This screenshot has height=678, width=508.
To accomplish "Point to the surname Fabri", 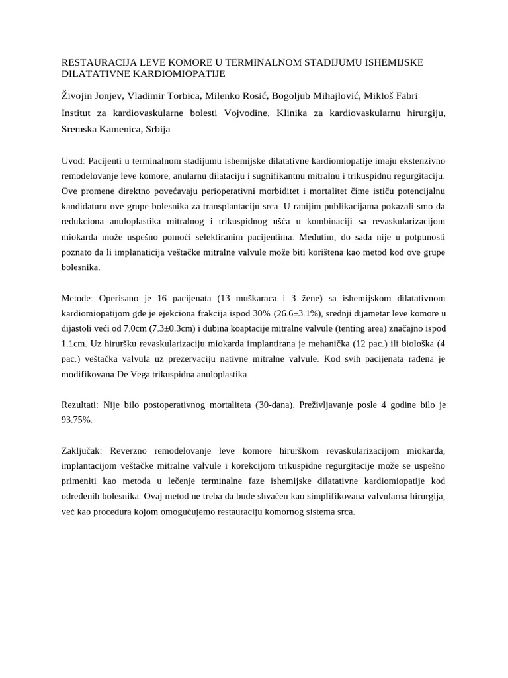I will point(403,96).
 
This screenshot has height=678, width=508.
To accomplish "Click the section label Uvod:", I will point(73,161).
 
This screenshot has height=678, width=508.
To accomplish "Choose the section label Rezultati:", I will point(81,403).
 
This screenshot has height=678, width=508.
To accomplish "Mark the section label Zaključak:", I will point(83,450).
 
